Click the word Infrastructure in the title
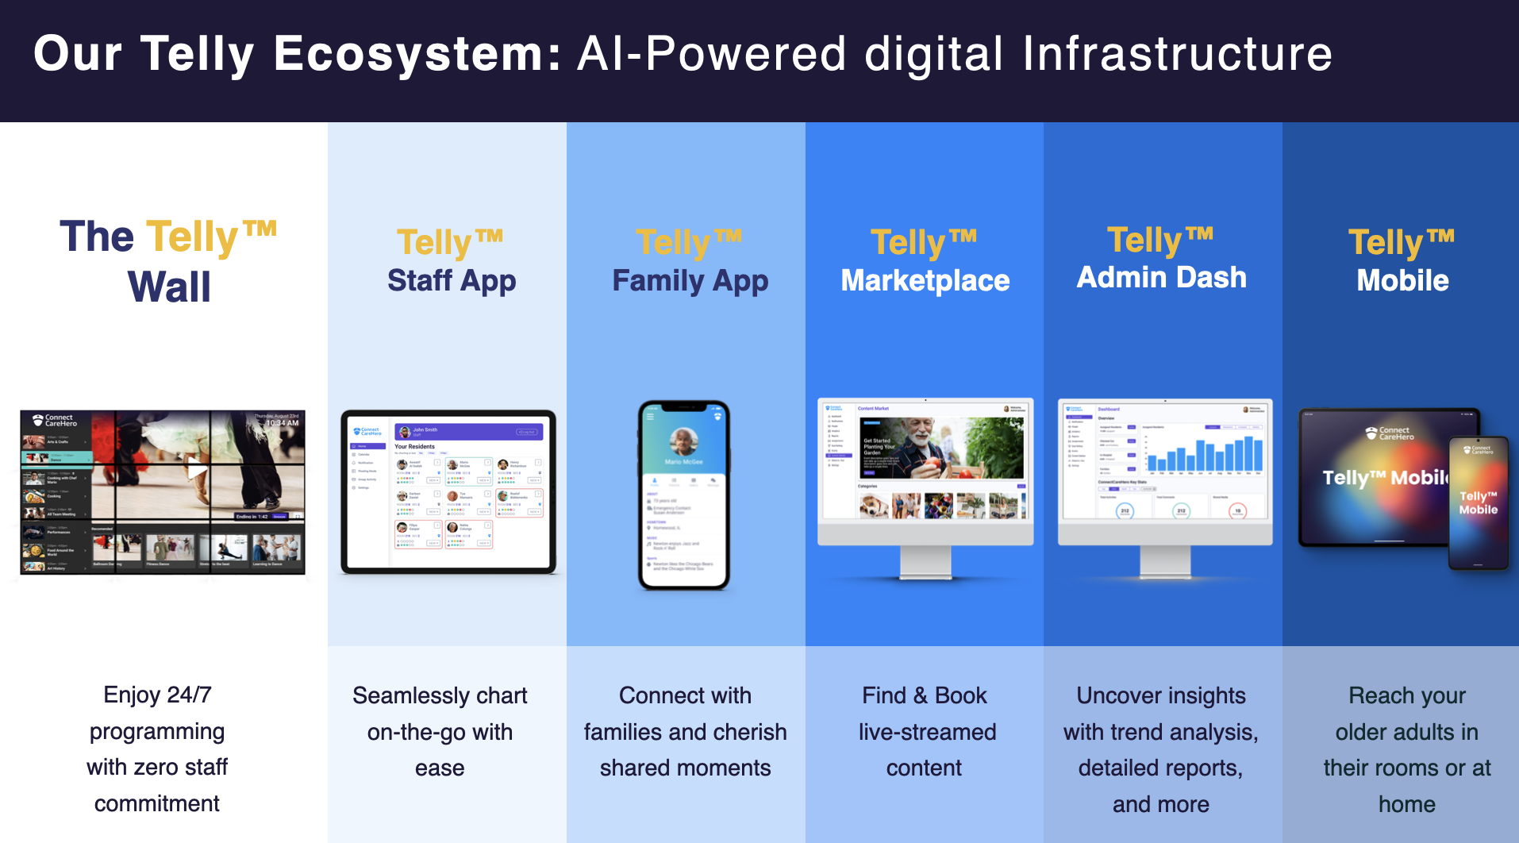click(x=1177, y=54)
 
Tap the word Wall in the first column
click(x=169, y=287)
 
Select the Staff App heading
click(x=452, y=281)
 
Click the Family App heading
click(x=690, y=281)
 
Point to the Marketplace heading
click(x=925, y=280)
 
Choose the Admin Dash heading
click(x=1161, y=278)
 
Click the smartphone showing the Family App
click(x=684, y=495)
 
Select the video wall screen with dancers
click(x=163, y=492)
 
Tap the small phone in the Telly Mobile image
click(x=1478, y=503)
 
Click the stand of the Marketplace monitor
click(x=925, y=563)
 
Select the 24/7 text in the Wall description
click(x=189, y=695)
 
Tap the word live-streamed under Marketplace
click(x=927, y=732)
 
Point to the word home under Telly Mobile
click(x=1406, y=804)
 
